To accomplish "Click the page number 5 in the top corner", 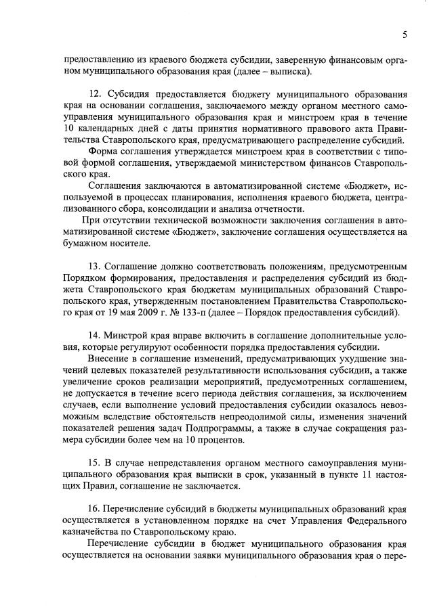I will [404, 35].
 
